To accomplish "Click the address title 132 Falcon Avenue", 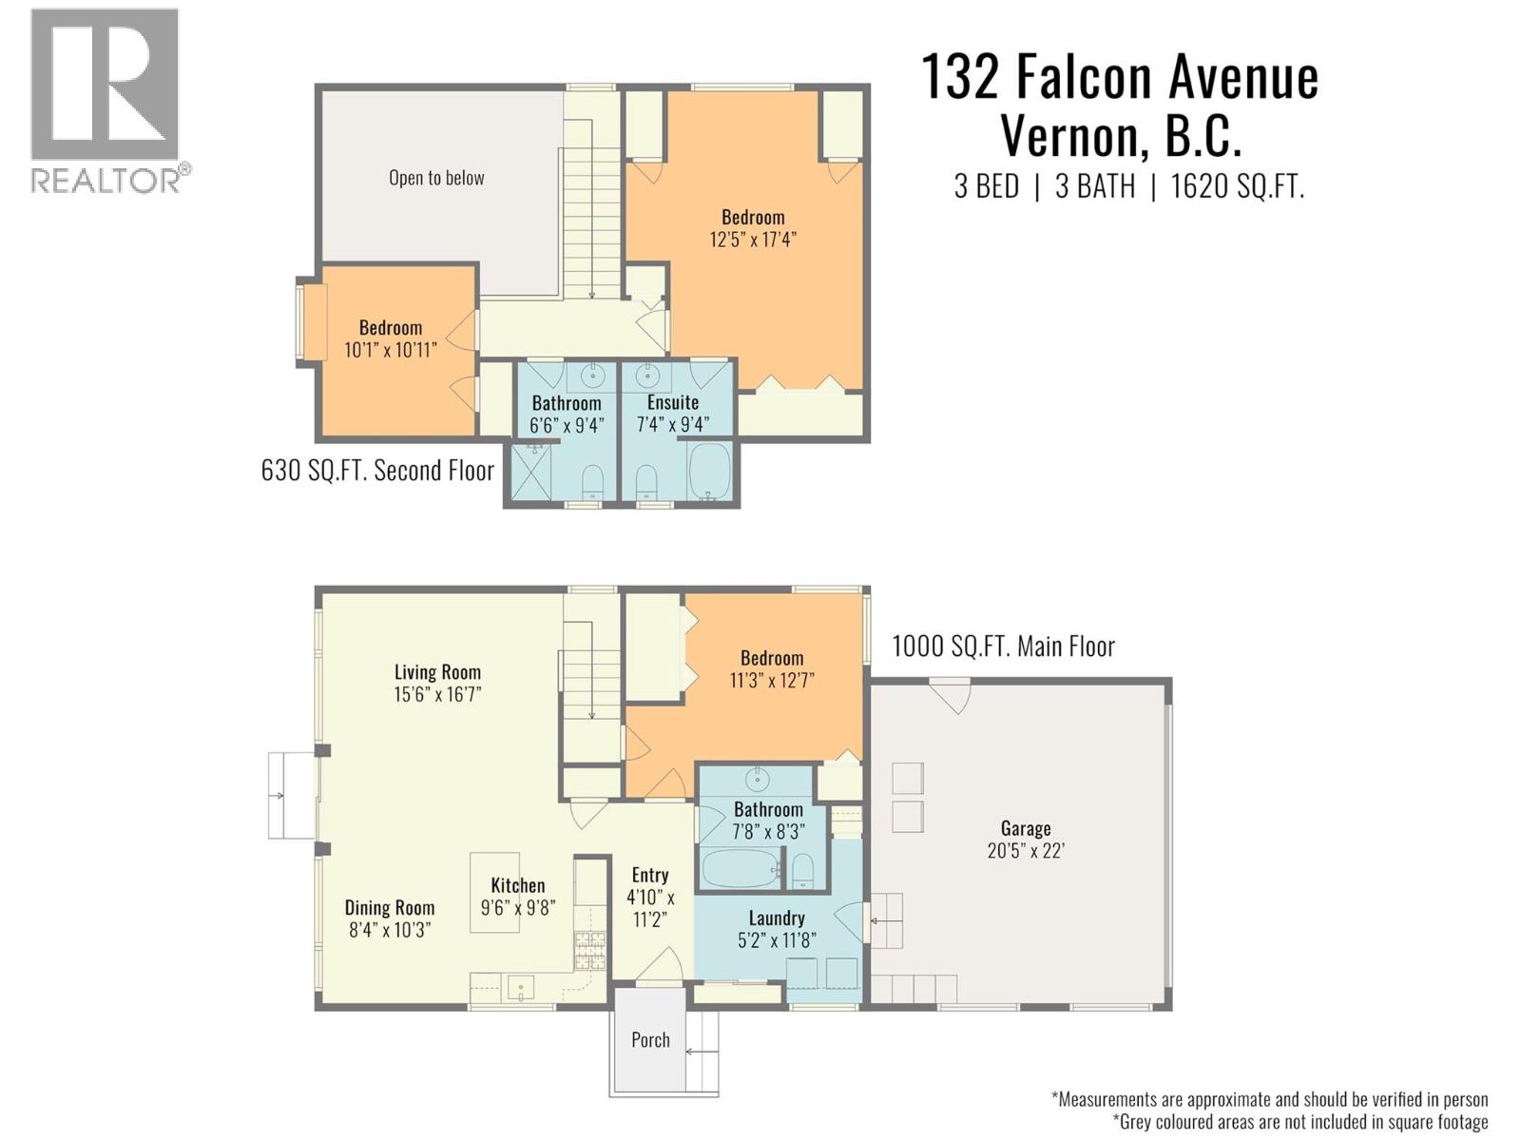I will pyautogui.click(x=1120, y=77).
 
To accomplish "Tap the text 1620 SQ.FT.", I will pyautogui.click(x=1237, y=185).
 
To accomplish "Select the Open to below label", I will pyautogui.click(x=436, y=178).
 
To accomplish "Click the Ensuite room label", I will pyautogui.click(x=672, y=402).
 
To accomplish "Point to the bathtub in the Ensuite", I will pyautogui.click(x=708, y=472).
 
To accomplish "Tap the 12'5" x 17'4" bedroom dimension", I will pyautogui.click(x=752, y=240).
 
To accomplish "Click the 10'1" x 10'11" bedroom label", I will pyautogui.click(x=391, y=350).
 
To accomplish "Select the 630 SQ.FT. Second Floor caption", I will pyautogui.click(x=377, y=471).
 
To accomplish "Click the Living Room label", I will pyautogui.click(x=437, y=672).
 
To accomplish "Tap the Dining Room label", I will pyautogui.click(x=390, y=908).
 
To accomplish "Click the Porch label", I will pyautogui.click(x=650, y=1040).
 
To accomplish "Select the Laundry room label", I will pyautogui.click(x=777, y=919).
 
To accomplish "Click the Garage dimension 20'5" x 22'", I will pyautogui.click(x=1025, y=851).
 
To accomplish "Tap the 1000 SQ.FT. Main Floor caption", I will pyautogui.click(x=1003, y=647).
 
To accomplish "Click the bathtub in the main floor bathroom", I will pyautogui.click(x=741, y=868).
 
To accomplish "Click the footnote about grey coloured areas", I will pyautogui.click(x=1300, y=1122).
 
